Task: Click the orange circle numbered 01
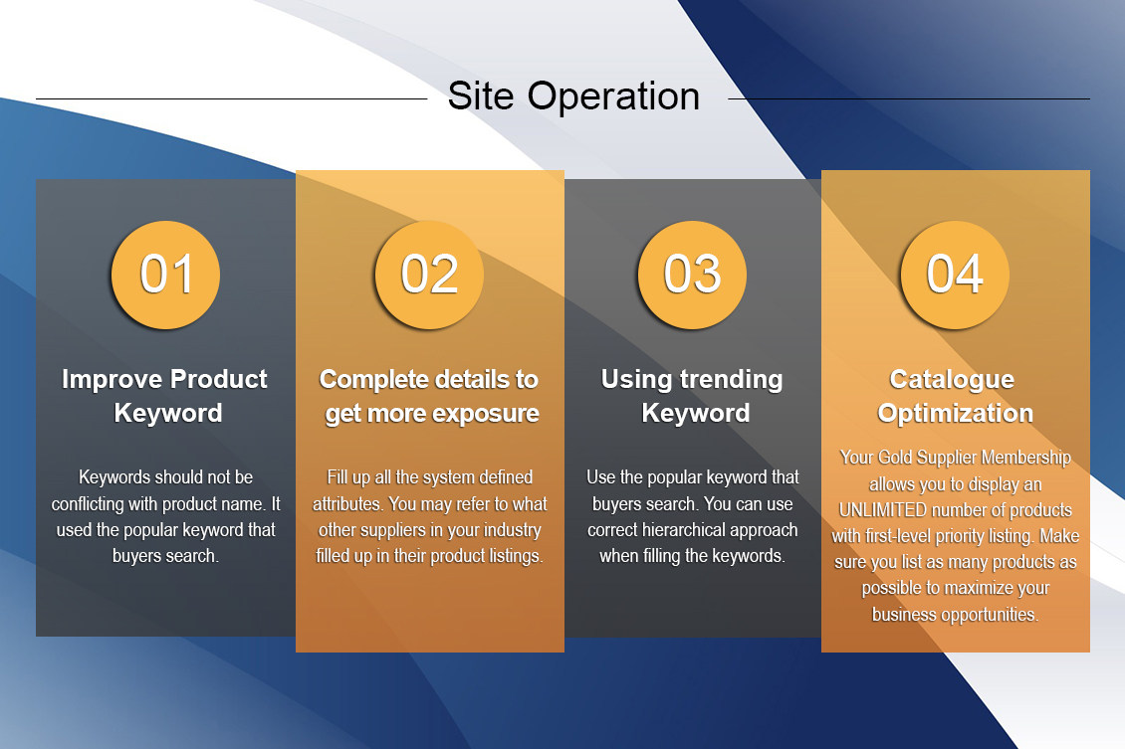(165, 275)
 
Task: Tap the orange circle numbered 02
(429, 275)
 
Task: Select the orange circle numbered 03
(692, 275)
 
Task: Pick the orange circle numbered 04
(955, 275)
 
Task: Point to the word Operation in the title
(613, 97)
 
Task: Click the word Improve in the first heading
(112, 380)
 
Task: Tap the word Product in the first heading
(219, 379)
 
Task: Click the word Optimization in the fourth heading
(955, 414)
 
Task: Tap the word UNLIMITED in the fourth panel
(882, 510)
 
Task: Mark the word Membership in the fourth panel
(1026, 458)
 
